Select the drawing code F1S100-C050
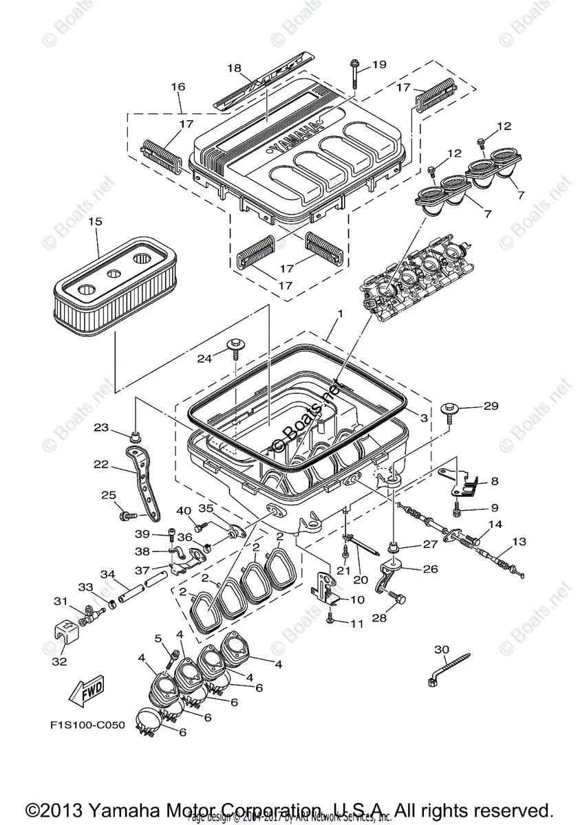[87, 725]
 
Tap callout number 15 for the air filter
[95, 221]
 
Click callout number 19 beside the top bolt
[379, 65]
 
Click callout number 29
[490, 406]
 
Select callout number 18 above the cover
[235, 68]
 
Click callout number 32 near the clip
[59, 661]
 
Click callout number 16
[178, 87]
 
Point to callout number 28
[379, 618]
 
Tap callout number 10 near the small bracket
[357, 599]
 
